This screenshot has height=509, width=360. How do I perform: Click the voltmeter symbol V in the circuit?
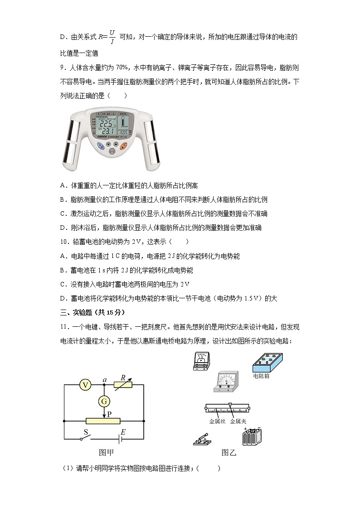point(85,385)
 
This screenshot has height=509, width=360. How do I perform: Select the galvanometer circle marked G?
point(104,401)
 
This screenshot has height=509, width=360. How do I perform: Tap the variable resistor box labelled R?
point(123,385)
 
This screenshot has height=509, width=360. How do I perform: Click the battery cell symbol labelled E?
point(121,439)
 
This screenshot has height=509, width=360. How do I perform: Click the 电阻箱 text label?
point(261,376)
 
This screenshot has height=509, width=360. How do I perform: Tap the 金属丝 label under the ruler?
point(217,421)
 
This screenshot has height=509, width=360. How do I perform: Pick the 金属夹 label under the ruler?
point(238,421)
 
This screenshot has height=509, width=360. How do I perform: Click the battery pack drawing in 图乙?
point(252,437)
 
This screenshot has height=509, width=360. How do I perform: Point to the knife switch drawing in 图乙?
point(203,440)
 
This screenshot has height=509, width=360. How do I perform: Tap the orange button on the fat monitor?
point(123,146)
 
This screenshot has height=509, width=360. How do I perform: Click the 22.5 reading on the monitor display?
point(106,124)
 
